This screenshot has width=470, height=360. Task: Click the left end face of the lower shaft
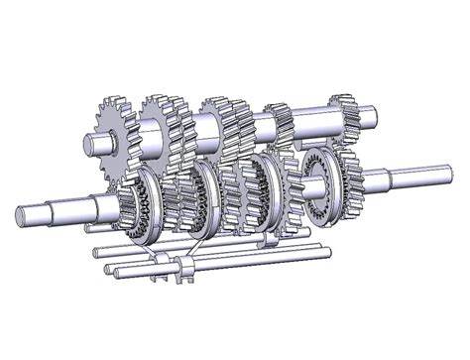pyautogui.click(x=22, y=213)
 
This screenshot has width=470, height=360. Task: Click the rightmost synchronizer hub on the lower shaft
pyautogui.click(x=319, y=187)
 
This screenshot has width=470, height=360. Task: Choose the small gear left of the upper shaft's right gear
pyautogui.click(x=280, y=124)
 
